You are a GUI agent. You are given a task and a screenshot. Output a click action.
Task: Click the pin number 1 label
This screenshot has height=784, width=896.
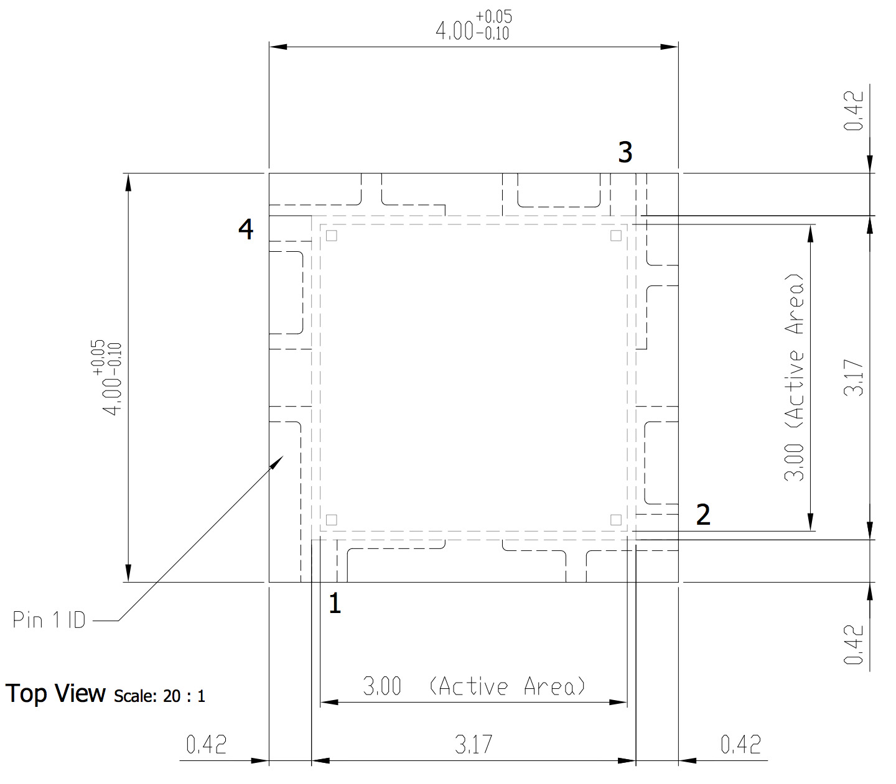335,603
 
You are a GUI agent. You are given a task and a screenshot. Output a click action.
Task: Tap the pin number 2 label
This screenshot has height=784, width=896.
703,515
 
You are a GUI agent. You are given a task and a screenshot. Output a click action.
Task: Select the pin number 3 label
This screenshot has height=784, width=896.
625,152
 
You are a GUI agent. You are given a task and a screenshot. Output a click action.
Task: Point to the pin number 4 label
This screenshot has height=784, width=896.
246,229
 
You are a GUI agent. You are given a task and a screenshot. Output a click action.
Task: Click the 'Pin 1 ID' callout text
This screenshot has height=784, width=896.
49,620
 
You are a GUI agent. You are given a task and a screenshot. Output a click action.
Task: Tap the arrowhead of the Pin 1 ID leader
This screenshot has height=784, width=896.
278,461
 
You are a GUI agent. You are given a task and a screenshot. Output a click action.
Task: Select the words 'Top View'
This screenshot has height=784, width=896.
56,693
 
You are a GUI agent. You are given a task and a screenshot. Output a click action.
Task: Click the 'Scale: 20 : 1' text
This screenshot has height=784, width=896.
159,696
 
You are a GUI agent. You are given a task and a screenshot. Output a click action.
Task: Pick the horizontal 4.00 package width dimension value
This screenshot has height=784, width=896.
455,31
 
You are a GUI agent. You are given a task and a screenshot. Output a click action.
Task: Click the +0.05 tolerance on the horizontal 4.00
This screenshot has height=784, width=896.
494,17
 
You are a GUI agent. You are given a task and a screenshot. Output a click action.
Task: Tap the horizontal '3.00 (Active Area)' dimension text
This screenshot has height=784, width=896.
474,686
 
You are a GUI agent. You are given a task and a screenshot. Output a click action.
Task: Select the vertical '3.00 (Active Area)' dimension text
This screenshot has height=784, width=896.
795,377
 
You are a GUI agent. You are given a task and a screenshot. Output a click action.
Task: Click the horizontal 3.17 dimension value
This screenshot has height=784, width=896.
474,744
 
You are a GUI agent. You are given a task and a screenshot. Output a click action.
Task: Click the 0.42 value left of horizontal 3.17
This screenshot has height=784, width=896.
207,744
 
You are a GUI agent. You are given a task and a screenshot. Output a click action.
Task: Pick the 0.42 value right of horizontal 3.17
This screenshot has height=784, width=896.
740,744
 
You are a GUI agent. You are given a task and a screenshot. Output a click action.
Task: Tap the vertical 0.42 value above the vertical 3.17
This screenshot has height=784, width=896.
854,111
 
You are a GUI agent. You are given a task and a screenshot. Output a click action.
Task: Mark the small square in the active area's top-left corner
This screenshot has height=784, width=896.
332,236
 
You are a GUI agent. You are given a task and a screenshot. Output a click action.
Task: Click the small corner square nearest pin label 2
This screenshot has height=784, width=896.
615,520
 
